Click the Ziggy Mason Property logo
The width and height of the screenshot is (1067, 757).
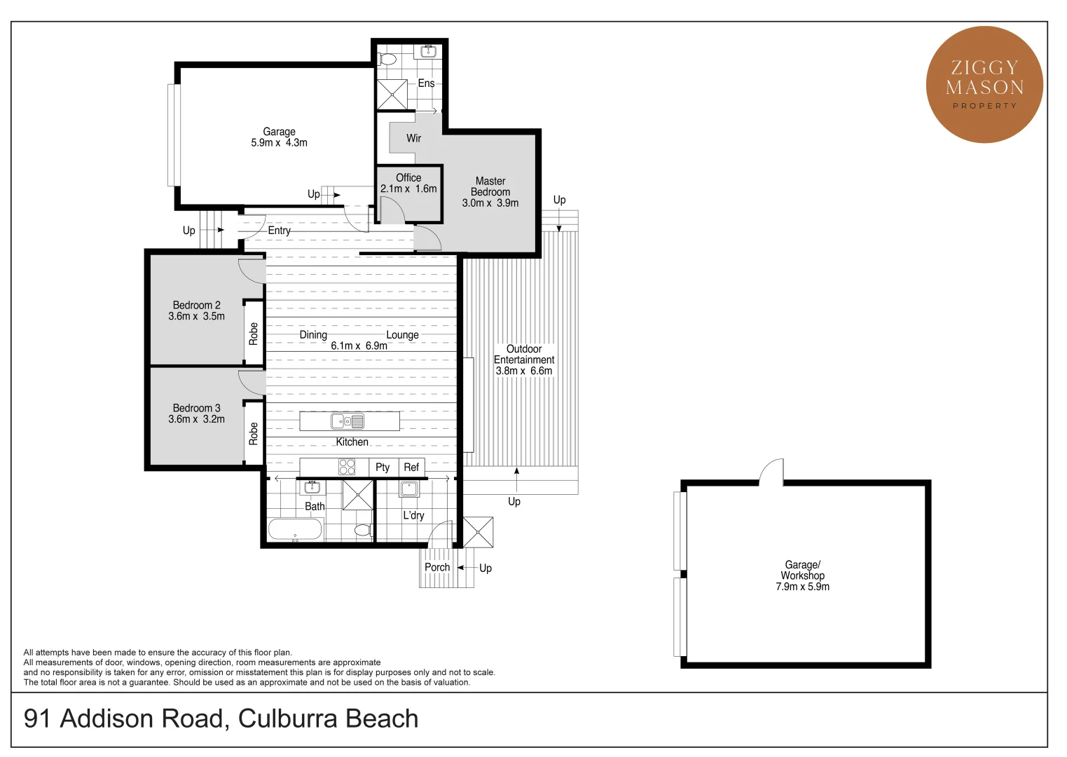click(x=984, y=85)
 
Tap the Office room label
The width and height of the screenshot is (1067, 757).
click(x=408, y=178)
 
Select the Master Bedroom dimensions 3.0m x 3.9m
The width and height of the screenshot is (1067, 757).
click(x=490, y=203)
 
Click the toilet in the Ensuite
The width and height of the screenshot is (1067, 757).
click(x=386, y=58)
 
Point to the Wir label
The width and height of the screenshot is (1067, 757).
click(x=414, y=138)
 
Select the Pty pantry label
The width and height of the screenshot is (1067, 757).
click(x=383, y=468)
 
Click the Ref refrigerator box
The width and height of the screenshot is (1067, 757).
click(x=411, y=468)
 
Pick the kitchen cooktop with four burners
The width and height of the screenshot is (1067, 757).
click(x=347, y=467)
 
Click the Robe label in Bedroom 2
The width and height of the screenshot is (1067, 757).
click(x=254, y=334)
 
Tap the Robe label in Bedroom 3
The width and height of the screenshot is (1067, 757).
click(x=254, y=434)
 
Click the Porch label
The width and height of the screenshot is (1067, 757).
click(x=437, y=568)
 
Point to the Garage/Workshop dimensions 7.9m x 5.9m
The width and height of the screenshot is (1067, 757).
click(x=802, y=587)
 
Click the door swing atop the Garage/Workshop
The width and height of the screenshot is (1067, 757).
click(x=772, y=472)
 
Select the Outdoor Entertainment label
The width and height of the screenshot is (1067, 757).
click(x=524, y=355)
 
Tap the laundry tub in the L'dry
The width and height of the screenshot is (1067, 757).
click(x=409, y=489)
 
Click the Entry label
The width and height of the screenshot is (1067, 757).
click(x=279, y=231)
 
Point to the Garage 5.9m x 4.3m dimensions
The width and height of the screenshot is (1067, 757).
click(x=279, y=143)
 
